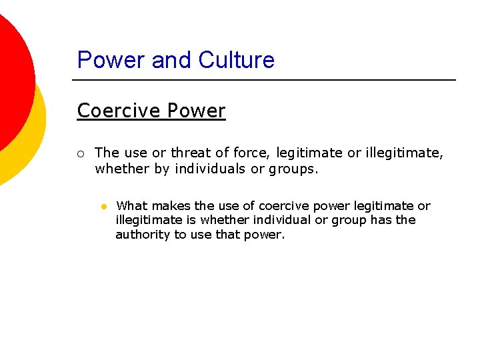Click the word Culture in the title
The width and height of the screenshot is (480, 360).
pos(236,60)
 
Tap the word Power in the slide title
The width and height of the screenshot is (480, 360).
pos(111,60)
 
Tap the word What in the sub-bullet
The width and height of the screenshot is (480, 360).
pos(131,206)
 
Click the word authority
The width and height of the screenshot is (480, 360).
pos(143,235)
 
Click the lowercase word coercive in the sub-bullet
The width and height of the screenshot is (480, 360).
pos(283,206)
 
